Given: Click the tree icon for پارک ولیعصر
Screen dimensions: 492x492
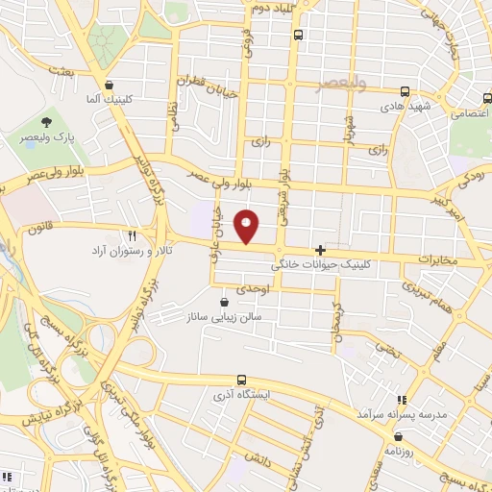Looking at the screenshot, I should pos(46,121).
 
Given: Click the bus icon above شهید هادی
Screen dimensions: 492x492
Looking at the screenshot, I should pos(405,92).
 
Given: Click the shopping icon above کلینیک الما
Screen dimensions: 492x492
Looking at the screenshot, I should pos(111,85).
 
